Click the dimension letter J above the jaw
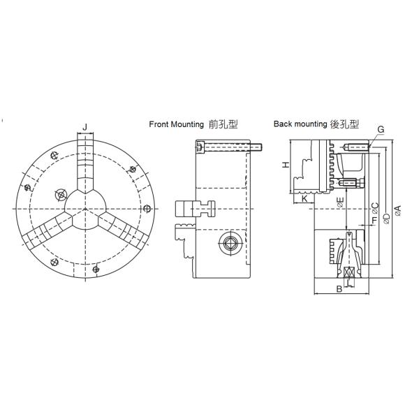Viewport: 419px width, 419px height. point(85,126)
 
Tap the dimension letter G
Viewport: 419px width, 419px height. point(381,130)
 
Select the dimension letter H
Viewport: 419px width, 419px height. point(285,165)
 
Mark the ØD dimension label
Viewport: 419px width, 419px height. point(385,217)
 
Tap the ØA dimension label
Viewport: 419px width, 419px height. point(397,209)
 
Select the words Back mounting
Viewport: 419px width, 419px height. point(300,124)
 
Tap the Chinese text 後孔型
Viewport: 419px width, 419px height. point(345,124)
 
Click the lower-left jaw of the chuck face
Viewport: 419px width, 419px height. point(50,230)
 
